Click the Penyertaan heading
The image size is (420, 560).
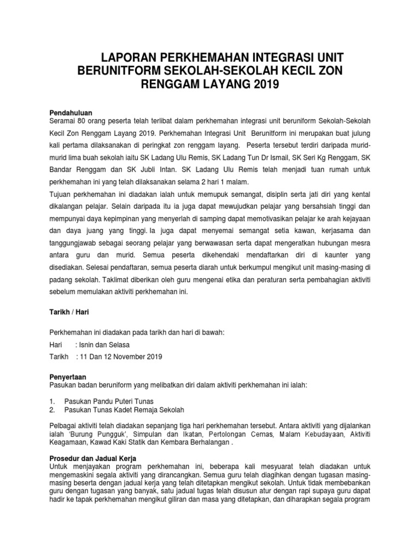[68, 376]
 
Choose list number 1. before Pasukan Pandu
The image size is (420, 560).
[52, 401]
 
